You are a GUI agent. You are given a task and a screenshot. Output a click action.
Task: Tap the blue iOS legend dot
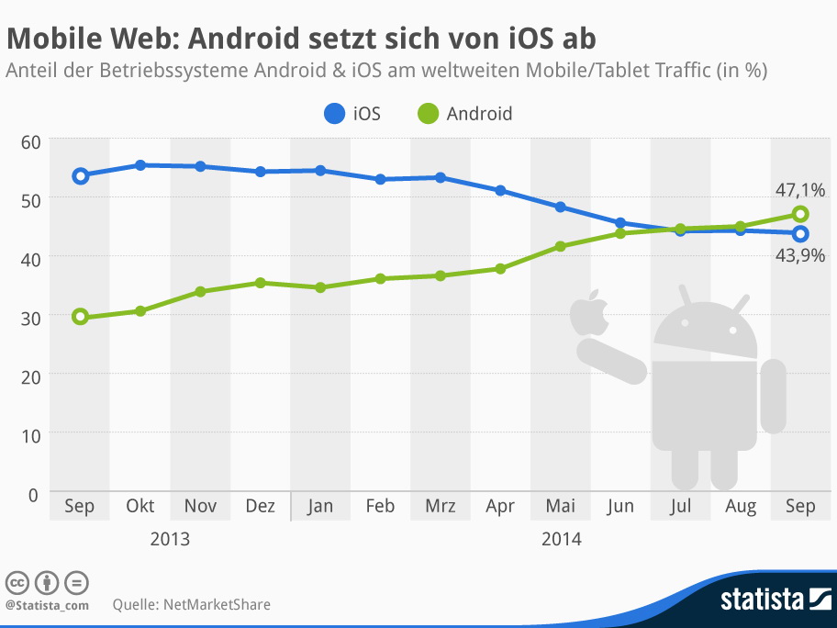(x=334, y=115)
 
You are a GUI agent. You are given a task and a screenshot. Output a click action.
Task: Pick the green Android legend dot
(x=428, y=115)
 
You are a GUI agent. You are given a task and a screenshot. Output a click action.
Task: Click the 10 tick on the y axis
(x=29, y=432)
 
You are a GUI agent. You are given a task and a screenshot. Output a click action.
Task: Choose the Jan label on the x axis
(x=320, y=506)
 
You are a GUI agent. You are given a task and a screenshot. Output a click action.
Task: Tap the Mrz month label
(x=441, y=506)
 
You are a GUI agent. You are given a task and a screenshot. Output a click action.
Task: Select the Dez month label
(x=261, y=506)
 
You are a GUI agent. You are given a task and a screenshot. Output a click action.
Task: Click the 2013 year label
(x=170, y=539)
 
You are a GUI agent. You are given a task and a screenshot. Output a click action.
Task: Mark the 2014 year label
(x=561, y=539)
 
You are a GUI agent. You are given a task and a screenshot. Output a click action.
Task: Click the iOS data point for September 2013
(x=80, y=175)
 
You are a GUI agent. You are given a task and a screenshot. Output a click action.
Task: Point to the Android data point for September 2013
(x=80, y=317)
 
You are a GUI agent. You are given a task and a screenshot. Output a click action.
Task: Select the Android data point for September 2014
(x=800, y=214)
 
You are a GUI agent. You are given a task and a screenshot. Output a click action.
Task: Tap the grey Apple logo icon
(x=590, y=313)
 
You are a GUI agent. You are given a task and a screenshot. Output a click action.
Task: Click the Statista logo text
(x=762, y=600)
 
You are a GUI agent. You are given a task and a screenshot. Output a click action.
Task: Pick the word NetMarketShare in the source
(x=218, y=604)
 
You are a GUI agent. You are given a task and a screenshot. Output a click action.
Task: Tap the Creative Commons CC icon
(x=17, y=582)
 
